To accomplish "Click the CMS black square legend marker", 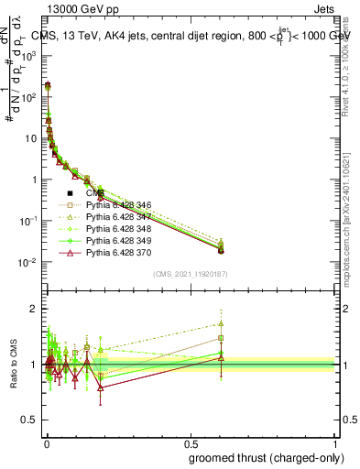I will [70, 193].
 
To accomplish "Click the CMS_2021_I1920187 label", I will [191, 274].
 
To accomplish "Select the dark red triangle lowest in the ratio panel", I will [100, 387].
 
